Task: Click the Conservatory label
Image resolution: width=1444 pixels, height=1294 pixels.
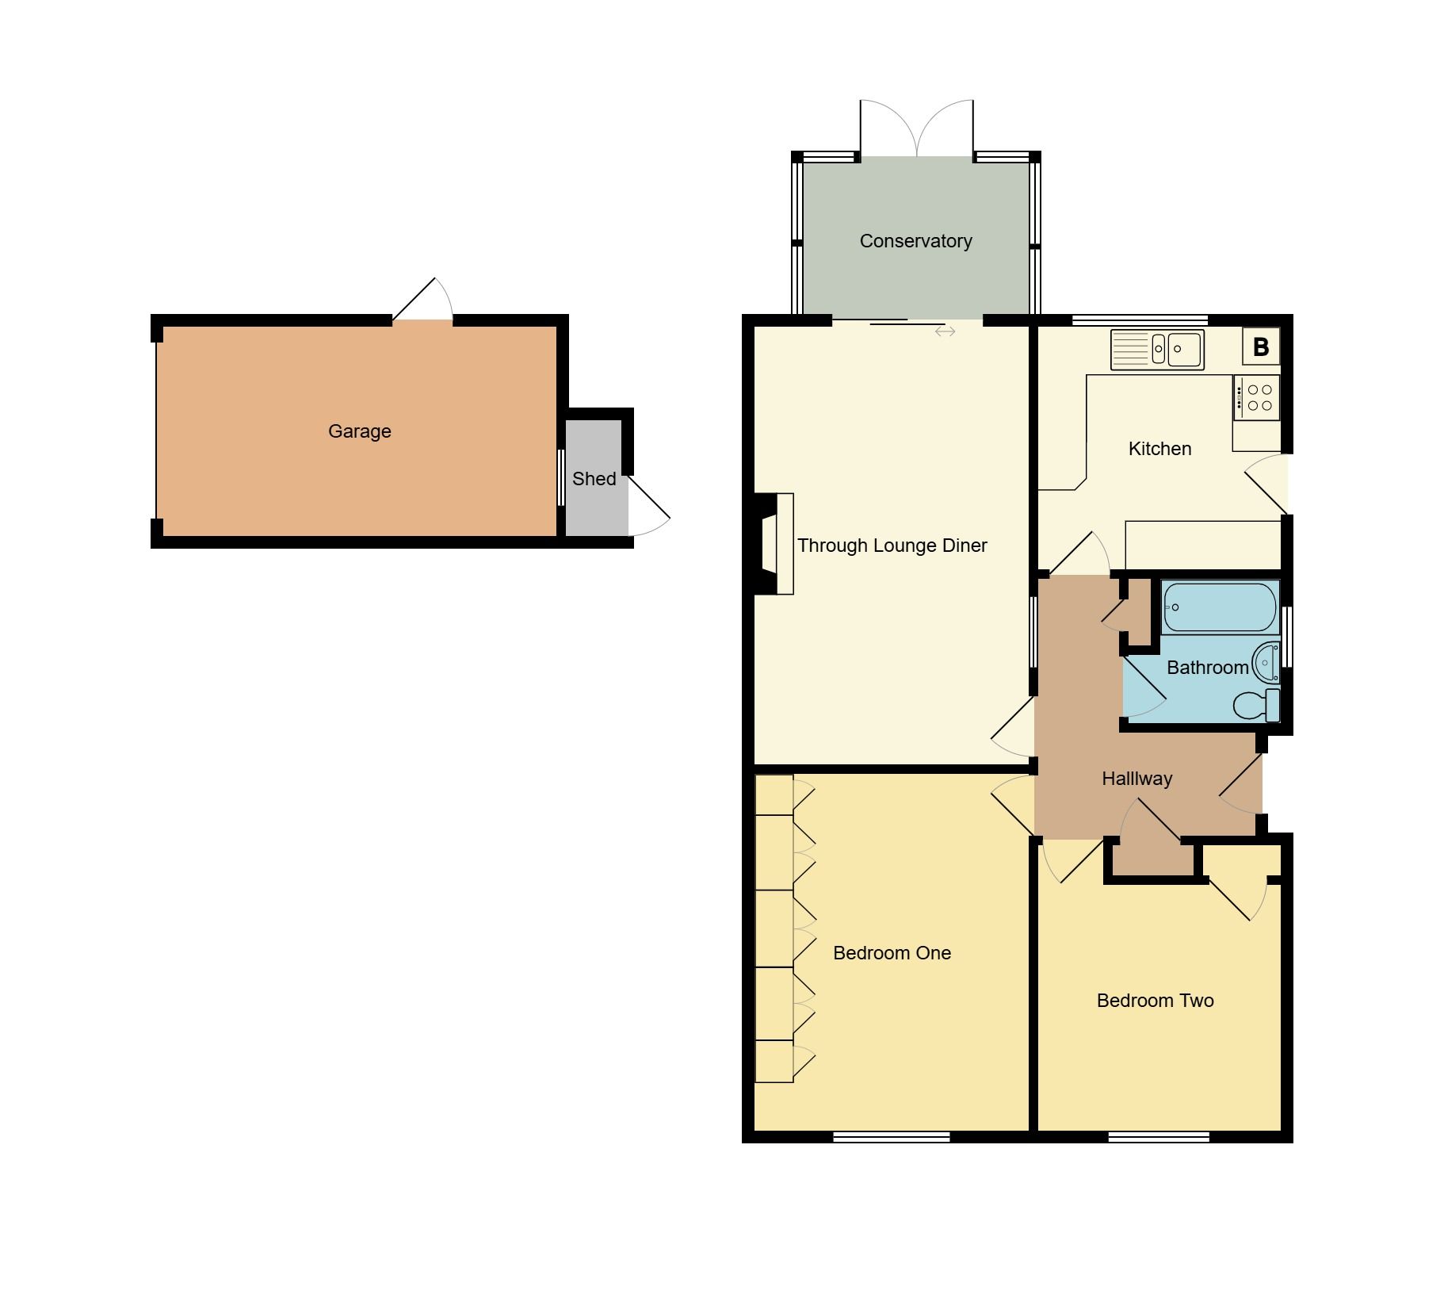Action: point(915,241)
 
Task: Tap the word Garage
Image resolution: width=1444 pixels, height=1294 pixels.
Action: point(359,431)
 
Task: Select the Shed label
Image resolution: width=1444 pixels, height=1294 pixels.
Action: point(594,479)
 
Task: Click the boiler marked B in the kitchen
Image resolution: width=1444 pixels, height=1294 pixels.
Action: point(1260,347)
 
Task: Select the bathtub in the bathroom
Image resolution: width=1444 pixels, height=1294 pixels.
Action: point(1220,607)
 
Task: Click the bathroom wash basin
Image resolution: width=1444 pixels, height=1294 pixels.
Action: point(1266,661)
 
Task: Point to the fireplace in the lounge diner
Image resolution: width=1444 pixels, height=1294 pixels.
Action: point(774,544)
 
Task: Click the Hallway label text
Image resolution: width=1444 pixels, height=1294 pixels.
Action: point(1136,779)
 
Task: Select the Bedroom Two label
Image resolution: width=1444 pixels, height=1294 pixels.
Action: point(1155,1001)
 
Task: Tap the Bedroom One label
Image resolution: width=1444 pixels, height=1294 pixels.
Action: point(892,953)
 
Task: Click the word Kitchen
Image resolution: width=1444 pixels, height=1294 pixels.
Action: point(1159,449)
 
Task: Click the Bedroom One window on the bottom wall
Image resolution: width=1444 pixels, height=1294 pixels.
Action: point(891,1137)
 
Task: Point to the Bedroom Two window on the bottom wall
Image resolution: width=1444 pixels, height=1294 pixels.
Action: point(1158,1137)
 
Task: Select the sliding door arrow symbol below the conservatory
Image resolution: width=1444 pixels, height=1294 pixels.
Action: point(945,331)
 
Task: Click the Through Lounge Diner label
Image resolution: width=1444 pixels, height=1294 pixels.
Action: point(892,546)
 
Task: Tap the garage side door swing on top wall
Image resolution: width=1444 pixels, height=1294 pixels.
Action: point(424,301)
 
